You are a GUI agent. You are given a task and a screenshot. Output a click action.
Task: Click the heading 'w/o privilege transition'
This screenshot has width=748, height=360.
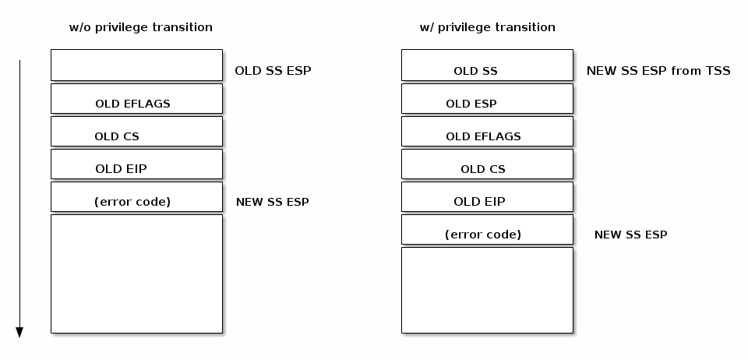[141, 27]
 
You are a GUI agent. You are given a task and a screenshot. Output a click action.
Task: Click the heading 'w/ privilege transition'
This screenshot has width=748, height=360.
[487, 27]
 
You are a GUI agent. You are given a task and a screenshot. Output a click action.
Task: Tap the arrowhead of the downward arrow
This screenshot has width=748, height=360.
[19, 333]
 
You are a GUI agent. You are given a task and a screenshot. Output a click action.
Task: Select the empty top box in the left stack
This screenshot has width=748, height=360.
[136, 65]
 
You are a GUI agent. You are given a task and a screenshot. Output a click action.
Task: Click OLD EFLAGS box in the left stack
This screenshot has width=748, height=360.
[136, 99]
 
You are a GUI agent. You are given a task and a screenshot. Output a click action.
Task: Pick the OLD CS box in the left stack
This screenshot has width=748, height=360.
[136, 132]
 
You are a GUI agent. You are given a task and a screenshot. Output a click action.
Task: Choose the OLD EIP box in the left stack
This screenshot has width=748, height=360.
[136, 164]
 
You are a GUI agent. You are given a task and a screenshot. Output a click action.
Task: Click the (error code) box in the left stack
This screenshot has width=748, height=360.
[136, 197]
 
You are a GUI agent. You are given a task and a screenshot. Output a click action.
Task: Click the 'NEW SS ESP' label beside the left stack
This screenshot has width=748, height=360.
[272, 202]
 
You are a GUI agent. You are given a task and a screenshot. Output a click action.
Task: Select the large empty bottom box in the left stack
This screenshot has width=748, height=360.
[136, 274]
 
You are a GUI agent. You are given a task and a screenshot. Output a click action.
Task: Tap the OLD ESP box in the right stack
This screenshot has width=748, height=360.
[487, 99]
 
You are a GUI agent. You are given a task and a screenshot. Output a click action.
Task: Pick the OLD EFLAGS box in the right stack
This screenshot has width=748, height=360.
[487, 132]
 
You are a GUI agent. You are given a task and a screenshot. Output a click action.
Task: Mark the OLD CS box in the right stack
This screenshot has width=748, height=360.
[487, 164]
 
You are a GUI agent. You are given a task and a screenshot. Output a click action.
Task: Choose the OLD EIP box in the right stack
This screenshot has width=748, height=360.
[487, 197]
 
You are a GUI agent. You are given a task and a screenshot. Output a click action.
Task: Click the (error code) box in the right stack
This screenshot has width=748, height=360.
[487, 230]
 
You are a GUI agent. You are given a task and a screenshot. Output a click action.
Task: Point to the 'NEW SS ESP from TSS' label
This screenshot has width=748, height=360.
[658, 71]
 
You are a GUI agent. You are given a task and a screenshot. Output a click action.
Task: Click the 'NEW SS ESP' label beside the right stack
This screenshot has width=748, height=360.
[630, 235]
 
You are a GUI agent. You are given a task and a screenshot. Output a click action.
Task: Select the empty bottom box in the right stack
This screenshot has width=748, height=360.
[487, 290]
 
